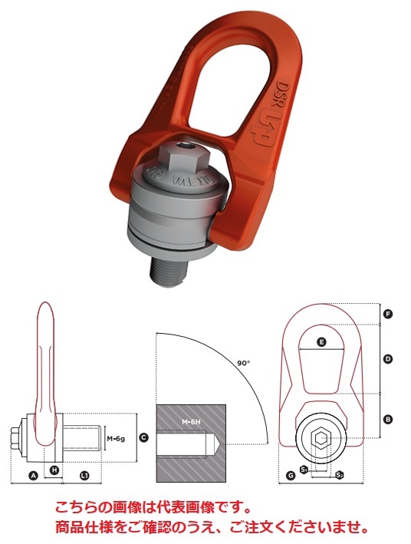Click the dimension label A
pos(33,476)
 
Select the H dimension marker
pos(54,469)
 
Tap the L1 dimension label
pos(84,476)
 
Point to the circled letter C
pos(143,437)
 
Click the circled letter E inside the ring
pos(322,341)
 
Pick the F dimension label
pos(388,314)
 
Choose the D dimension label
pos(388,358)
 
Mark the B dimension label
pos(388,419)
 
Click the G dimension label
pos(290,476)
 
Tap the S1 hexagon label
pos(304,468)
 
